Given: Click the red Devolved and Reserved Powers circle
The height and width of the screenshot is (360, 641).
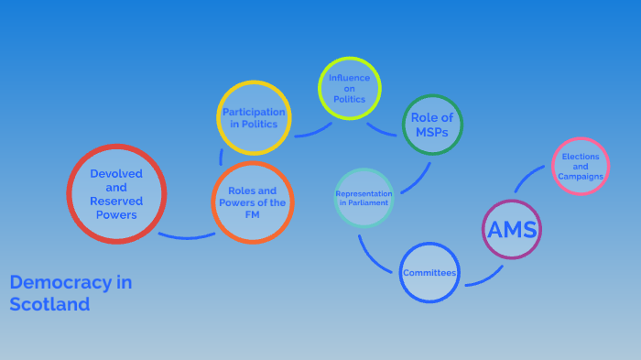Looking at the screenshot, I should coord(116,194).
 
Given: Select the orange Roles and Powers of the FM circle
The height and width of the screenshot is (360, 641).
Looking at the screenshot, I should coord(252,202).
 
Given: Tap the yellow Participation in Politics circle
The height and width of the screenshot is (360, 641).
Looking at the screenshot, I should coord(254,117).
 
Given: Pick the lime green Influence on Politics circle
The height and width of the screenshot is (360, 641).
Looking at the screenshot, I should coord(349,88).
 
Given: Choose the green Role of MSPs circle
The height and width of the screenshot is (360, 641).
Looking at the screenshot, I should coord(432,125).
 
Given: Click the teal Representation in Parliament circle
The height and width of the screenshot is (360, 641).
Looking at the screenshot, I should coord(364,197).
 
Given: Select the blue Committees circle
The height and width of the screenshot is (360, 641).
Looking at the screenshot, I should coord(429,272).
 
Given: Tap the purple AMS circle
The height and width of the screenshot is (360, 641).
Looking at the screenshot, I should coord(512,229).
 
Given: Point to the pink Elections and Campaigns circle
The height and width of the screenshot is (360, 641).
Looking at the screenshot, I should coord(581,166).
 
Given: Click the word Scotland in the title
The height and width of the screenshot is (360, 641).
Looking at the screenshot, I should coord(49,305).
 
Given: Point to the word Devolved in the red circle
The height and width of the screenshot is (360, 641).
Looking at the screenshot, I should coord(116,173).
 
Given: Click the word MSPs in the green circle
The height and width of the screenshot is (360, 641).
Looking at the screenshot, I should coord(432,133).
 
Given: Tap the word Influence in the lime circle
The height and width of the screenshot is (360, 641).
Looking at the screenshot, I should coord(349,78).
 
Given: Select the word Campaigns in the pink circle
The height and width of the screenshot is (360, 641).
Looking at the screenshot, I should coord(581,176).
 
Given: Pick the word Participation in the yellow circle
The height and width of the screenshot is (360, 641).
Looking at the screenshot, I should coord(254,112).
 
